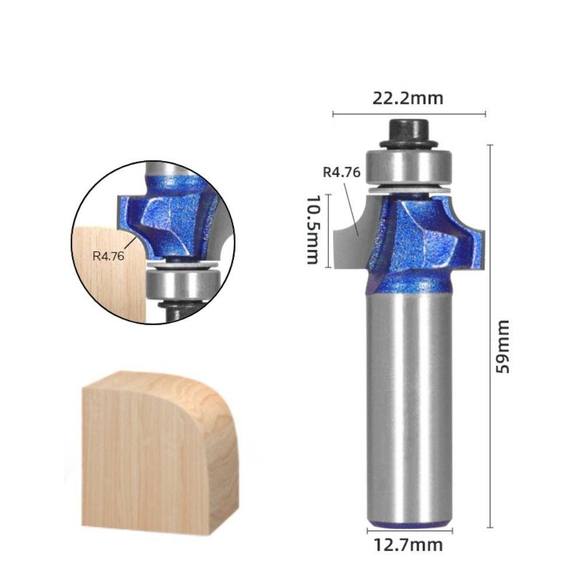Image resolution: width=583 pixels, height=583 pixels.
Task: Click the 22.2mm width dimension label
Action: click(408, 98)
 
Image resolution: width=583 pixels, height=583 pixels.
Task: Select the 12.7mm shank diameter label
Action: click(408, 545)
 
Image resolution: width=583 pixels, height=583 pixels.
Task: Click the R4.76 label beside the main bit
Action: click(342, 172)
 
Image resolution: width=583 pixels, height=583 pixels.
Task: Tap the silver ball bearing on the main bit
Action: click(409, 167)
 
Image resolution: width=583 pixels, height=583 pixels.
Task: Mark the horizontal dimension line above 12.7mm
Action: click(409, 531)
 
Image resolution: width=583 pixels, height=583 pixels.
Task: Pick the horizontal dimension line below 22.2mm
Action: click(409, 114)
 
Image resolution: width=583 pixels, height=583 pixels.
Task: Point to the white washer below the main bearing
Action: click(409, 189)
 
